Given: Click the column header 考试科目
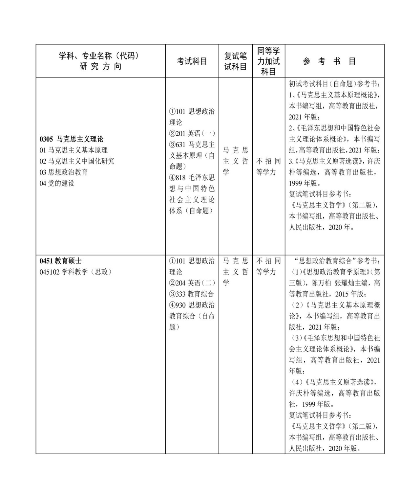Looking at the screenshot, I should (x=192, y=61).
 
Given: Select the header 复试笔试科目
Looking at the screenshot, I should (x=235, y=61).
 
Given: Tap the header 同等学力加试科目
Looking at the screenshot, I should (x=268, y=61).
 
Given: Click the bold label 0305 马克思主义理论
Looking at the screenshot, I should (x=71, y=139).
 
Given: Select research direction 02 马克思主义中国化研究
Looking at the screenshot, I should (x=77, y=161).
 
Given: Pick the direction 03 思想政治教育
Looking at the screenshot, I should (x=64, y=172).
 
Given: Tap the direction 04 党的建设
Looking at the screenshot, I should (x=57, y=183).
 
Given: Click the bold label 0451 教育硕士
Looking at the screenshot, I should (x=60, y=261).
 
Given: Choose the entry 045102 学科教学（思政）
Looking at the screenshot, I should (x=75, y=272).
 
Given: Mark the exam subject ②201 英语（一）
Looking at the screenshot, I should (x=192, y=134).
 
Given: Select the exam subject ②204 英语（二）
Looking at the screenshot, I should (x=192, y=283).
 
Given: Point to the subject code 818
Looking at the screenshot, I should (x=181, y=178).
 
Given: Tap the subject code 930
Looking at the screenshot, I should (x=181, y=305).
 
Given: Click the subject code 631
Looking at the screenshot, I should (x=181, y=145).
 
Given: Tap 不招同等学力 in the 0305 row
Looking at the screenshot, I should (x=268, y=167).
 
